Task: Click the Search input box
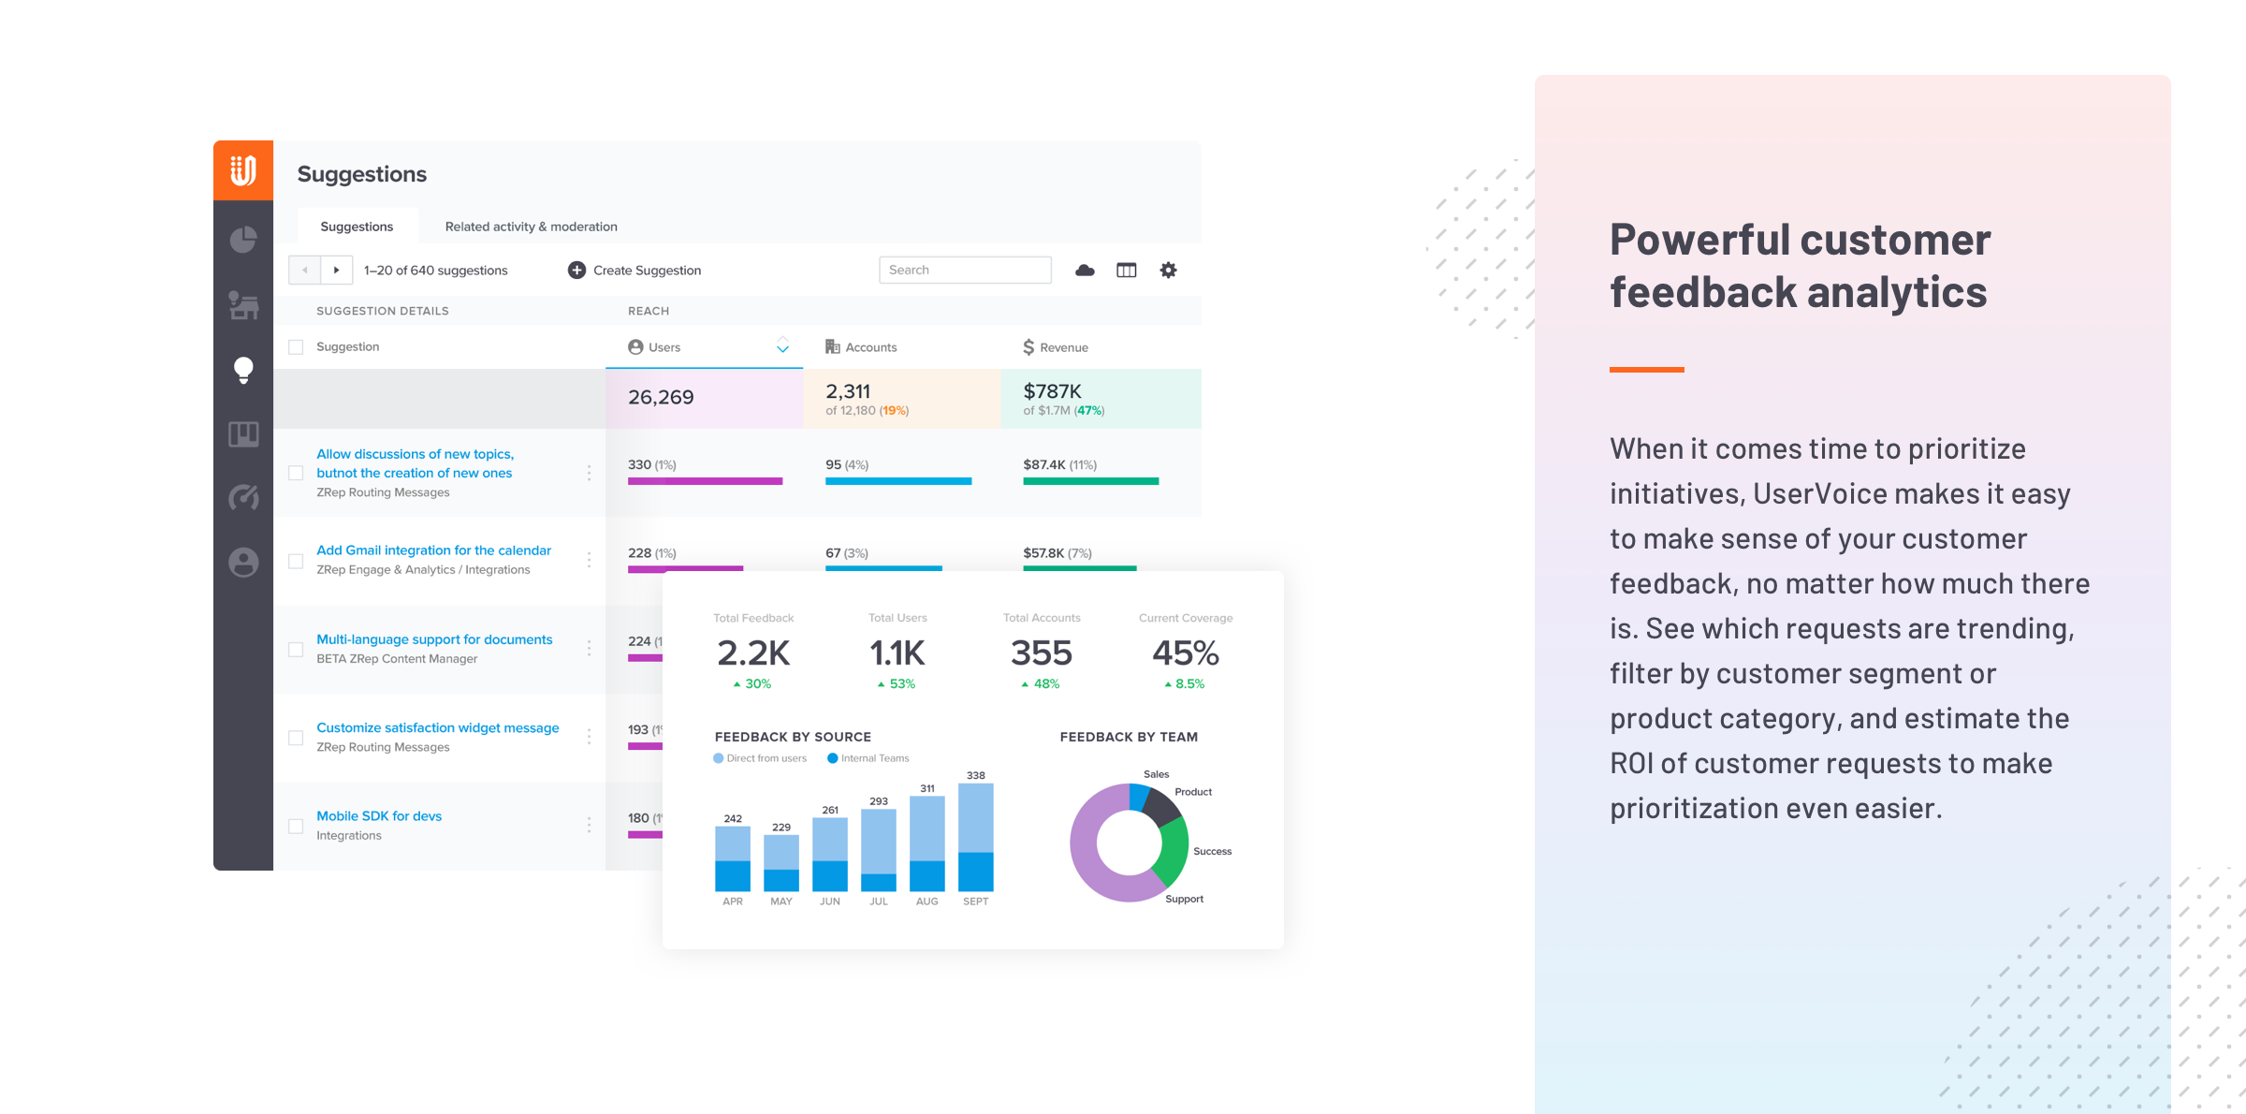point(964,270)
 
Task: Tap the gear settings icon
point(1168,270)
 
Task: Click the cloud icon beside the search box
point(1085,270)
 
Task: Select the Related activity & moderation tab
point(531,227)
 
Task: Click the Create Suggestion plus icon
point(576,270)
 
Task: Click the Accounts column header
point(861,347)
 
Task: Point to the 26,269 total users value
point(661,397)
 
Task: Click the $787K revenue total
point(1052,391)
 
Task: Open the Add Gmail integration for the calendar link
point(433,550)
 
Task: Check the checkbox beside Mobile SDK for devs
point(296,826)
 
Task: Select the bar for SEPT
point(975,837)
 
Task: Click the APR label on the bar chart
point(733,901)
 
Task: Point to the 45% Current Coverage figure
point(1185,652)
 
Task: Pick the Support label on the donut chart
point(1184,899)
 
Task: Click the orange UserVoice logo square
point(243,170)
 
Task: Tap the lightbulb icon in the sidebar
point(243,371)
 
